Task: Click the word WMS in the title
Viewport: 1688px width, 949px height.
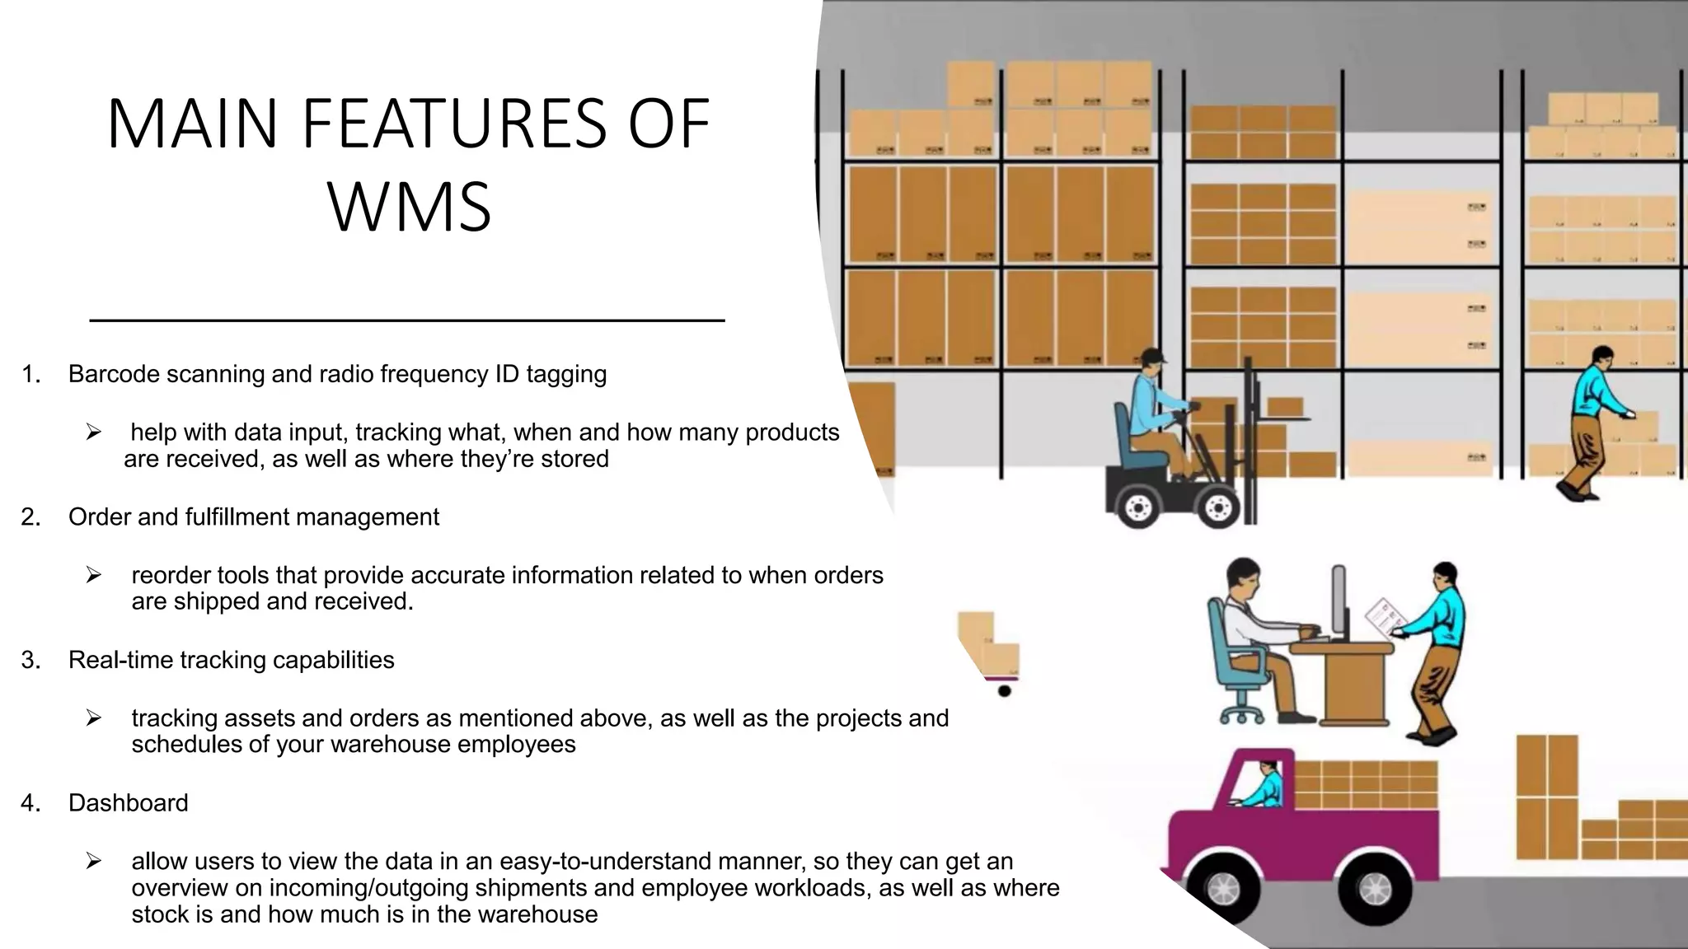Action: (410, 207)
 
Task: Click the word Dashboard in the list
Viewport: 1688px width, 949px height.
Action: (129, 802)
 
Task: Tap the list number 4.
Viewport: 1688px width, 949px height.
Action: (30, 802)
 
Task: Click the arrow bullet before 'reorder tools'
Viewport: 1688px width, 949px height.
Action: (93, 575)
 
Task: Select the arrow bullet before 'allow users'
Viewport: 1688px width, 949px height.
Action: (93, 861)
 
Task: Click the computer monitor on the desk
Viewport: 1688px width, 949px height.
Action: (1339, 602)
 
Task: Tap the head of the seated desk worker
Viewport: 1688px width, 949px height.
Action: (1242, 580)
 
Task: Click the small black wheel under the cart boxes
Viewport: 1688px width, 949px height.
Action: (1004, 690)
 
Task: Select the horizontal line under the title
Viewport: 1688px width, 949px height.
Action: (406, 320)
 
